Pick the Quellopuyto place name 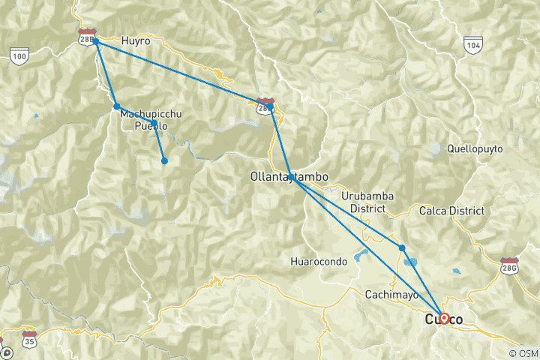(x=479, y=148)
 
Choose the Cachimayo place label (x=391, y=295)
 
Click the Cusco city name (x=444, y=319)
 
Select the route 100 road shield (x=19, y=55)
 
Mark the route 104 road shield (x=472, y=44)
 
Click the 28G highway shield (x=510, y=265)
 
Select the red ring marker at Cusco (x=443, y=318)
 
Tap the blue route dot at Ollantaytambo (x=290, y=177)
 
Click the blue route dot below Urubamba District (x=402, y=247)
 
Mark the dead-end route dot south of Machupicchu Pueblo (x=164, y=160)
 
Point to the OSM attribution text (x=522, y=353)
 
